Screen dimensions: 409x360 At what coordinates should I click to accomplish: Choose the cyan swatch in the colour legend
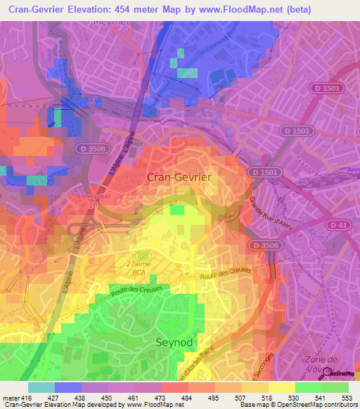click(41, 387)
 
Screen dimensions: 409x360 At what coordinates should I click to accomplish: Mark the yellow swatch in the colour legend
click(282, 387)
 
